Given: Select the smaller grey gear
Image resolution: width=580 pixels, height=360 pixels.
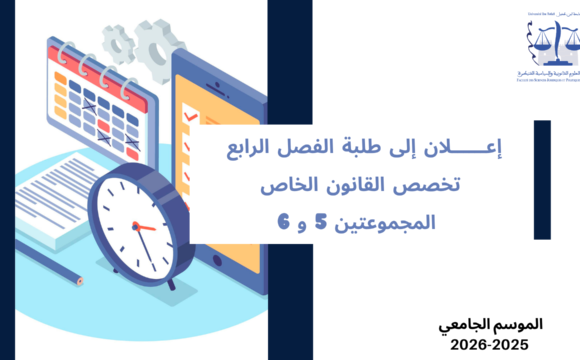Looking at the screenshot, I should [x=119, y=41].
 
